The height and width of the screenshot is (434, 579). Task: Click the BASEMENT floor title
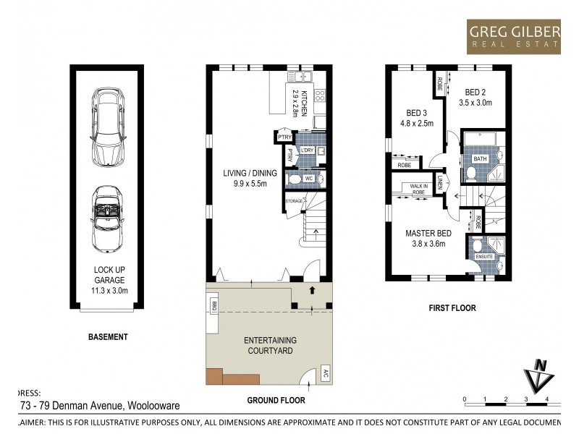click(x=108, y=337)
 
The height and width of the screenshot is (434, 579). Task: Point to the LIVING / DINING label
click(x=246, y=178)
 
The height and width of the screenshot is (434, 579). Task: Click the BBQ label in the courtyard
click(x=214, y=307)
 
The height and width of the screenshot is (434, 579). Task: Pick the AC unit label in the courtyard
click(x=326, y=375)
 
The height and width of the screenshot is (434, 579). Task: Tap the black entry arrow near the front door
click(x=312, y=289)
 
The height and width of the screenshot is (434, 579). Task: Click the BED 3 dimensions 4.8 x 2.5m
click(x=415, y=123)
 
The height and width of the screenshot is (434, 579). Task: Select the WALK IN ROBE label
click(x=420, y=189)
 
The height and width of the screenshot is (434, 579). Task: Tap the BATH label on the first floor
click(x=480, y=158)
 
